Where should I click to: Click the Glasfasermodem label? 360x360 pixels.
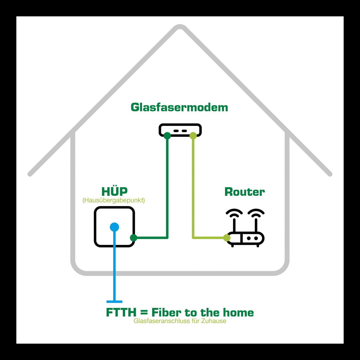tap(179, 108)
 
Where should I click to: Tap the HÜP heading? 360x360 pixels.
tap(114, 192)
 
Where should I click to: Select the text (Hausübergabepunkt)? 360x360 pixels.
tap(114, 200)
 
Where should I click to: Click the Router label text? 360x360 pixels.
tap(244, 192)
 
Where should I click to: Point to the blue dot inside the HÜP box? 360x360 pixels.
tap(114, 227)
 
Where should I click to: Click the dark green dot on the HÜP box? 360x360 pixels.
tap(134, 238)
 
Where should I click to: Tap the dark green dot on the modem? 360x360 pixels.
tap(167, 136)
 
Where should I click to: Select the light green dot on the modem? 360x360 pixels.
tap(193, 136)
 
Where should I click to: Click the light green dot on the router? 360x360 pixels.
tap(227, 238)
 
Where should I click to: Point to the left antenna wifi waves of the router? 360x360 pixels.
tap(234, 213)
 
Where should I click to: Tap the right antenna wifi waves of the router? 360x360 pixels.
tap(256, 213)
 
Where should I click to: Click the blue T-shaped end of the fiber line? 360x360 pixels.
tap(114, 302)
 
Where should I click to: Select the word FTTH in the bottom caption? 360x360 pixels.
tap(121, 313)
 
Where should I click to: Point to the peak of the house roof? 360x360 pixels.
tap(180, 27)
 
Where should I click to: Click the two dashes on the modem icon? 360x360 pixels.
tap(180, 131)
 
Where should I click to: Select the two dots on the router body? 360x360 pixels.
tap(252, 238)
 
